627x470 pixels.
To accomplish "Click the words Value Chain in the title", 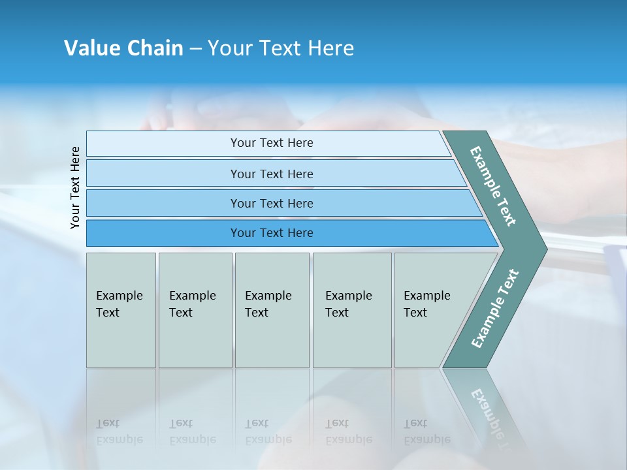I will point(123,48).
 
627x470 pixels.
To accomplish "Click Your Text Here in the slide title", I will point(281,48).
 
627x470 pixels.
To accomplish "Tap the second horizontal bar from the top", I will point(271,174).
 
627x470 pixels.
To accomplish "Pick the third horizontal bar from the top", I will point(271,203).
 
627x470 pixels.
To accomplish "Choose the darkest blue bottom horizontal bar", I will point(271,233).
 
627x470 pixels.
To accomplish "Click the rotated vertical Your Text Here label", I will point(75,187).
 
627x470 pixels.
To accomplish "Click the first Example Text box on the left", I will point(121,310).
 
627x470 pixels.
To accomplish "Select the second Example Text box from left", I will point(195,310).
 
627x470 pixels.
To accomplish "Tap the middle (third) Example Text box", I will point(271,310).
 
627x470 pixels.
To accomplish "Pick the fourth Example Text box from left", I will point(351,310).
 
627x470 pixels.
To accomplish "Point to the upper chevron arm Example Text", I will point(494,186).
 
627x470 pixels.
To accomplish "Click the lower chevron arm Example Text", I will point(495,308).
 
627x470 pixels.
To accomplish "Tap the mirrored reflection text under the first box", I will point(119,432).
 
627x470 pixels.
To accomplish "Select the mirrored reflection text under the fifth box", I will point(426,432).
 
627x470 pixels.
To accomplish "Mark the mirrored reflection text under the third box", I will point(268,432).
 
